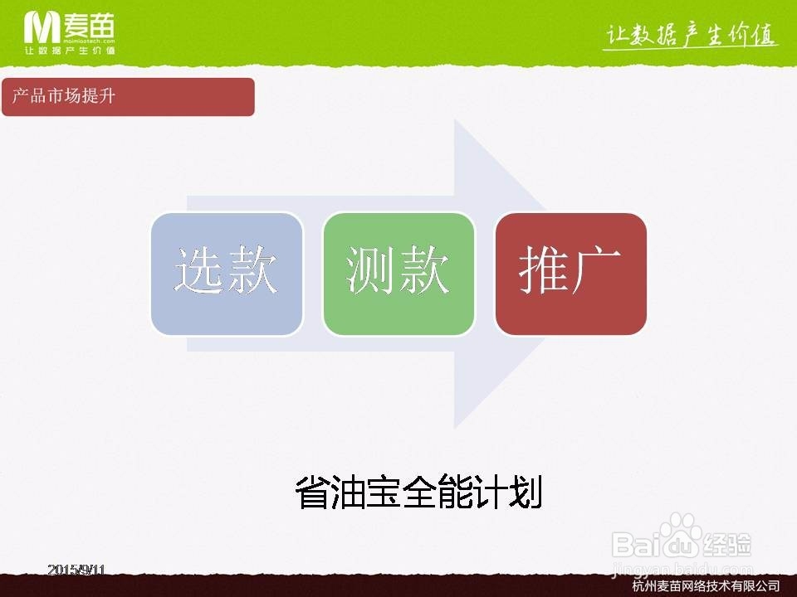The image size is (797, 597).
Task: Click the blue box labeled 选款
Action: [226, 274]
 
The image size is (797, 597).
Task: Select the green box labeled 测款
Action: [398, 274]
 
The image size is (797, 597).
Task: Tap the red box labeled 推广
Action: [570, 274]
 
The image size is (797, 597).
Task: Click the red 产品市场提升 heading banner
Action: [128, 97]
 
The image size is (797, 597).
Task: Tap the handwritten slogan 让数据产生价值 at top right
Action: [690, 36]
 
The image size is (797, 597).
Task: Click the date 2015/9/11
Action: [77, 570]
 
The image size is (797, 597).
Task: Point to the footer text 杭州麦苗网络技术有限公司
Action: [706, 586]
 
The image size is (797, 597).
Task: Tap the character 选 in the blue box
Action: [199, 270]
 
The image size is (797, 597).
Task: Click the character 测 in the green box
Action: [371, 270]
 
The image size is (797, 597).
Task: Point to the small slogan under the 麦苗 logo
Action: [70, 51]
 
